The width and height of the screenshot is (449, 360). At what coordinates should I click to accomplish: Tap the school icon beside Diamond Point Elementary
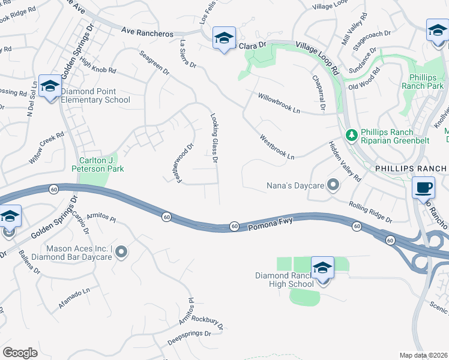pos(50,88)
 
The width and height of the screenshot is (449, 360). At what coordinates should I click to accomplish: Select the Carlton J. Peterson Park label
pos(101,164)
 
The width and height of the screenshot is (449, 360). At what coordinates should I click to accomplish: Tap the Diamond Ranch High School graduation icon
pos(322,268)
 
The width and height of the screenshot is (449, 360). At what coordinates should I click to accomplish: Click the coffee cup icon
pos(424,187)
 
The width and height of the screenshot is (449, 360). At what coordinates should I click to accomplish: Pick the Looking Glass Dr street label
pos(214,139)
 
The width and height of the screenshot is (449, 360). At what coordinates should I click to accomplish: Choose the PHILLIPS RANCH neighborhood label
pos(411,169)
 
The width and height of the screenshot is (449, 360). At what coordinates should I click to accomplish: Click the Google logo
pos(20,353)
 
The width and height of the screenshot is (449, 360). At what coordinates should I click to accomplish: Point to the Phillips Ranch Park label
pos(426,82)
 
